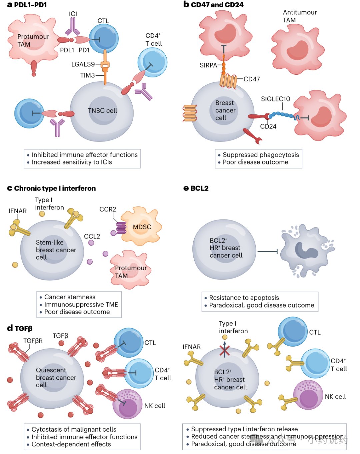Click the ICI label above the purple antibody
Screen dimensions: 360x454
[x=73, y=14]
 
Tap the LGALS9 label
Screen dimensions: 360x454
[x=83, y=64]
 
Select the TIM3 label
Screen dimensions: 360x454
[x=88, y=75]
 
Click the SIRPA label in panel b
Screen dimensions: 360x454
[x=208, y=65]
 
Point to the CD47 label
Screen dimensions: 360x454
[x=252, y=79]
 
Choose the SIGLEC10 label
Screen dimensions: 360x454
[x=275, y=99]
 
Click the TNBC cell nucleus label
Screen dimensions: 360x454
[x=102, y=110]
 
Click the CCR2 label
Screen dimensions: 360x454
[x=108, y=209]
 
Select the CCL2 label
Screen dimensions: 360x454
[x=92, y=236]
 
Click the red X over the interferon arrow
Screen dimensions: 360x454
[x=225, y=350]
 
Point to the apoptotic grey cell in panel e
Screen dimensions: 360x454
[x=307, y=251]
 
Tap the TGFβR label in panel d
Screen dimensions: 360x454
[x=33, y=341]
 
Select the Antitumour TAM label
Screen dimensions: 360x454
[x=300, y=16]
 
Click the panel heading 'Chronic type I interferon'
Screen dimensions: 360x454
[x=55, y=188]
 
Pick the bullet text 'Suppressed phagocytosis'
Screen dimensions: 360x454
[x=261, y=155]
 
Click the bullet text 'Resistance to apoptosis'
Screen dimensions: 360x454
[x=244, y=298]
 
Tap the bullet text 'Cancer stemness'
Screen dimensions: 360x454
[x=70, y=297]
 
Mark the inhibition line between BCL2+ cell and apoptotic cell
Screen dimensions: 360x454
[x=267, y=252]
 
